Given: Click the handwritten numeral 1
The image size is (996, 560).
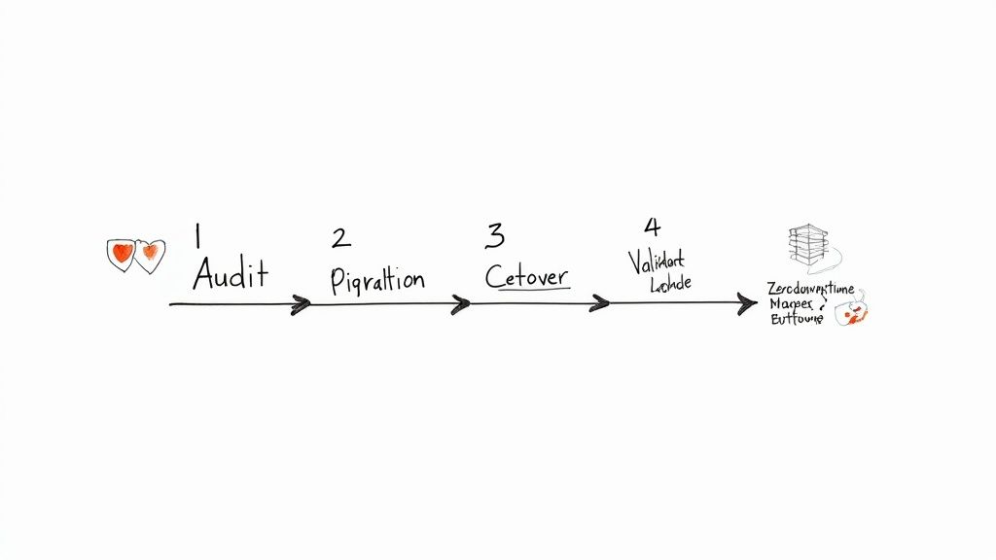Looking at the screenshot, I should pyautogui.click(x=197, y=236).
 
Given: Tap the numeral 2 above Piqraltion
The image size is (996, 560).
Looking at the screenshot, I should pyautogui.click(x=340, y=238).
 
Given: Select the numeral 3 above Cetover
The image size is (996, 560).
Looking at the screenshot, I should pyautogui.click(x=495, y=235).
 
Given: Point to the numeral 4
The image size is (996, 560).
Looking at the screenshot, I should pyautogui.click(x=652, y=227).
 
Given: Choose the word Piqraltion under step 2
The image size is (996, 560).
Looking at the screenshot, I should pyautogui.click(x=377, y=280).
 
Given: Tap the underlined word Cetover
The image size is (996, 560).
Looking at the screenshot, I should pyautogui.click(x=527, y=276).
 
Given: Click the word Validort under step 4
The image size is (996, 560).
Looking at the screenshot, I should pyautogui.click(x=657, y=261).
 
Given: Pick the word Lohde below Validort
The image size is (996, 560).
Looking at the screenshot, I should pyautogui.click(x=669, y=283).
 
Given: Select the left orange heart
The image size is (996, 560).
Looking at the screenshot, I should pyautogui.click(x=121, y=254).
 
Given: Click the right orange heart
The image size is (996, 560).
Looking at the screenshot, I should pyautogui.click(x=150, y=254).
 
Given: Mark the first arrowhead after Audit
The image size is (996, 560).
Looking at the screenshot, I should pyautogui.click(x=301, y=304).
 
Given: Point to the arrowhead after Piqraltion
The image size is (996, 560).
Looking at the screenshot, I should pyautogui.click(x=460, y=304).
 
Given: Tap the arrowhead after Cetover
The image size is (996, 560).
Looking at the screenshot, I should pyautogui.click(x=599, y=304).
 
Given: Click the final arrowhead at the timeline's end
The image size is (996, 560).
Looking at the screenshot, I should pyautogui.click(x=747, y=304).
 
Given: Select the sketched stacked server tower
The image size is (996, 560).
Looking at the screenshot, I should pyautogui.click(x=806, y=247).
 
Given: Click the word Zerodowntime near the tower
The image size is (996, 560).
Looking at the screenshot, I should pyautogui.click(x=809, y=289).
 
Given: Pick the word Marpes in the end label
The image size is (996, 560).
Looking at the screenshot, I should pyautogui.click(x=793, y=304).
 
